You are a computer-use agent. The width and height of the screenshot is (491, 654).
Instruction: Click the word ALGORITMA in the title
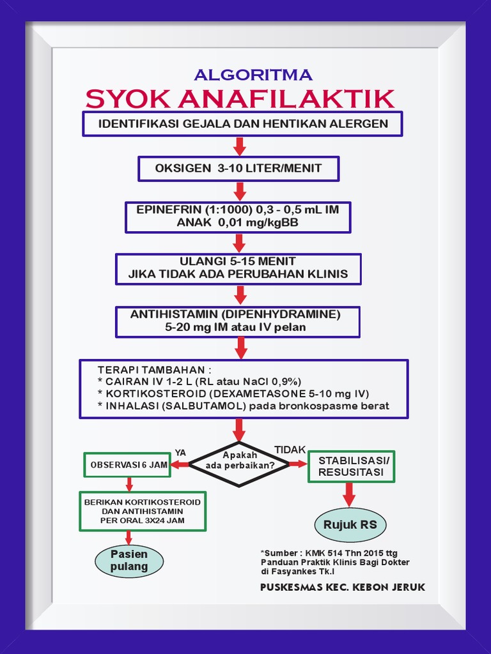pos(253,75)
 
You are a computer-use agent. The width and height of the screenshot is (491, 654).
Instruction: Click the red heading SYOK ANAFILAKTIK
pos(240,99)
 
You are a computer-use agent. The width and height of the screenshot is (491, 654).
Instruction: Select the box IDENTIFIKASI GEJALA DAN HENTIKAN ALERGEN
pos(242,124)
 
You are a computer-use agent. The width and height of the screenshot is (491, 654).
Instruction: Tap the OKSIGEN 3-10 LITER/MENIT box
pos(238,169)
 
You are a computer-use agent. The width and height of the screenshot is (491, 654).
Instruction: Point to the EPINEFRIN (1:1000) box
pos(238,217)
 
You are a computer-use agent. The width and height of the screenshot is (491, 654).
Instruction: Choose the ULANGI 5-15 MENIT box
pos(238,268)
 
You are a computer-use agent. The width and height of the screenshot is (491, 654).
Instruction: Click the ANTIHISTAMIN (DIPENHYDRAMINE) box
pos(237,321)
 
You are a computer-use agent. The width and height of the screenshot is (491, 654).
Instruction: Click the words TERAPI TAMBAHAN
pos(154,370)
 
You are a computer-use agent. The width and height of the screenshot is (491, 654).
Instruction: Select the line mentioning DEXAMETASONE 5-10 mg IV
pos(233,393)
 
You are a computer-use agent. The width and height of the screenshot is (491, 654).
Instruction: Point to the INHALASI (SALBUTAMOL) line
pos(243,406)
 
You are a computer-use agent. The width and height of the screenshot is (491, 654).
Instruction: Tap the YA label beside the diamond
pos(180,453)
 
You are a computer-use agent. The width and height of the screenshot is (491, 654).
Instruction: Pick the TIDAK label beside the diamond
pos(290,450)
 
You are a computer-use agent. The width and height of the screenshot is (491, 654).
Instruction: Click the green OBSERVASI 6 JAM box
pos(128,465)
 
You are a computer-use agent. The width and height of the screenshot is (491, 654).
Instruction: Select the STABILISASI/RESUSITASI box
pos(351,466)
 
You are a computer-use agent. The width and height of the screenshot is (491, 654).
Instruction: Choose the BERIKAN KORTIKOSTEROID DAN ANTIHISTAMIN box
pos(142,511)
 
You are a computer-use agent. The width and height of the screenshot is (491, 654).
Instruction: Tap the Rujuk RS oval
pos(350,526)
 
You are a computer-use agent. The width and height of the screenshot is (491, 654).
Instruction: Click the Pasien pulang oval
pos(129,560)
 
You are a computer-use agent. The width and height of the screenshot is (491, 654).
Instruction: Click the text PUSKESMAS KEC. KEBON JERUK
pos(342,587)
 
